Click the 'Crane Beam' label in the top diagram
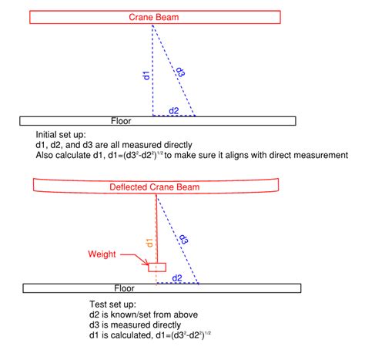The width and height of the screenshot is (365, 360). (153, 17)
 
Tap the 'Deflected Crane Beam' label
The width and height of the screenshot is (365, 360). (155, 187)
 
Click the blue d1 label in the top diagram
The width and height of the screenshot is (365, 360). (146, 76)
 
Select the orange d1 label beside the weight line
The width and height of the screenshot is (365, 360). (149, 243)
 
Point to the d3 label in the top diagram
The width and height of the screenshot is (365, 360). (181, 72)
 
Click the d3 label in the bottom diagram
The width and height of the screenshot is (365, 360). (183, 239)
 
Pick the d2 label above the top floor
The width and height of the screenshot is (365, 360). (174, 111)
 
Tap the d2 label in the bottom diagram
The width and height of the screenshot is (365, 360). (177, 278)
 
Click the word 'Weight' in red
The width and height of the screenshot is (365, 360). (102, 254)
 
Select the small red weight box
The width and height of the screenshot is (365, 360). (157, 267)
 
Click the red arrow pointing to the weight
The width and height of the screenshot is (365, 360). (135, 258)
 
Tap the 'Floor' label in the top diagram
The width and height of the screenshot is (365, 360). (121, 121)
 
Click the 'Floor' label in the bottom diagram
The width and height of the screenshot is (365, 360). (124, 288)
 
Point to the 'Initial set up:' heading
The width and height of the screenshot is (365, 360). (61, 135)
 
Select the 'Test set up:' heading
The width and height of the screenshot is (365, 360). (112, 304)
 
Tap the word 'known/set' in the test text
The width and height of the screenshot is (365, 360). (132, 315)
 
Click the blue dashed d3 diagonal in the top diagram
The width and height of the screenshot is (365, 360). (174, 70)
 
